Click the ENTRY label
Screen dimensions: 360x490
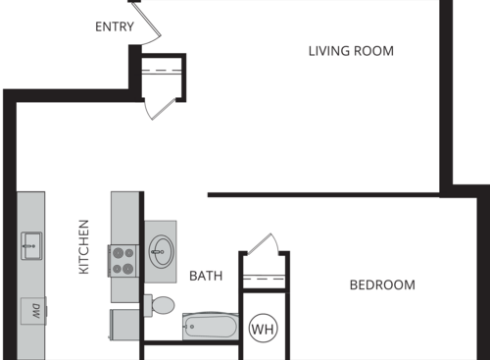tap(115, 26)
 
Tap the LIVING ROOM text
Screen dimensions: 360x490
tap(351, 51)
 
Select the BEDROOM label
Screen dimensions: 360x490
tap(382, 285)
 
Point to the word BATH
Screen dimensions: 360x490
tap(206, 277)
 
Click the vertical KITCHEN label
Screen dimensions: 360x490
tap(84, 246)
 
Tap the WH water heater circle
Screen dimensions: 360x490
tap(263, 329)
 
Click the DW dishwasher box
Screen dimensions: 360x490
tap(32, 311)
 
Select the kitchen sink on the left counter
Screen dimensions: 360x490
tap(30, 242)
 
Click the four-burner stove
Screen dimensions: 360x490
tap(123, 259)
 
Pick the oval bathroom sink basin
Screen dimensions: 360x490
tap(161, 251)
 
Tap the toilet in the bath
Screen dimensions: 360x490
tap(160, 305)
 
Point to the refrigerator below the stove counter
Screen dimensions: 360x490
tap(124, 323)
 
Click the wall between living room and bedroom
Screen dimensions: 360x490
tap(323, 194)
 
